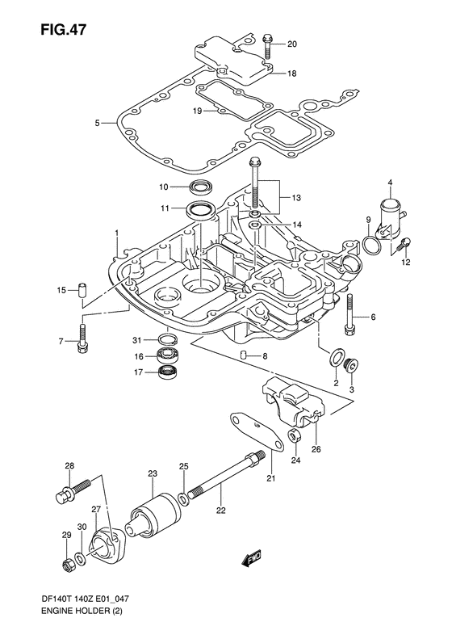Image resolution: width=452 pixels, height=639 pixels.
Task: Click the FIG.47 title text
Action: pos(63,30)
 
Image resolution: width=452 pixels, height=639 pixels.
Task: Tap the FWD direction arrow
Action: pos(250,558)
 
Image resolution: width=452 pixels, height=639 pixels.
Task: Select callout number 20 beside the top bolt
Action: pos(292,44)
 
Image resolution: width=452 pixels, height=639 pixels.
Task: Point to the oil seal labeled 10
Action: pos(200,187)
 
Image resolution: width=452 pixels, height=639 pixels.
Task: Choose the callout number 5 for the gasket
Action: pos(97,122)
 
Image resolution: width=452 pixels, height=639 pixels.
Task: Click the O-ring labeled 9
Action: pos(372,246)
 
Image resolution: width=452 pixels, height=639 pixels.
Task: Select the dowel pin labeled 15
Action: pos(83,290)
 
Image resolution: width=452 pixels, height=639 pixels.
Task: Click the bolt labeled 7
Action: pos(82,338)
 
